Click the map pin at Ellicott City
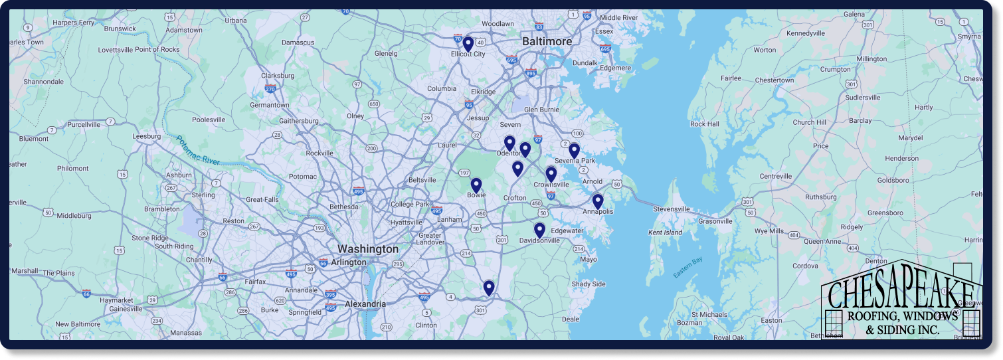point(468,44)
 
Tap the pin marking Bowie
point(476,185)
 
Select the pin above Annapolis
point(597,201)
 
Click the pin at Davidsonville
point(539,230)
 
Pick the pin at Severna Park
point(574,151)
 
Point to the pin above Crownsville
point(551,174)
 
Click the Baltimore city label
point(547,41)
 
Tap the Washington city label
point(368,249)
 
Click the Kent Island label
point(665,232)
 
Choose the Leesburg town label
point(147,136)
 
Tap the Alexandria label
point(365,304)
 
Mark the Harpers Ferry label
point(74,23)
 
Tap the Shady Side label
point(589,284)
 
